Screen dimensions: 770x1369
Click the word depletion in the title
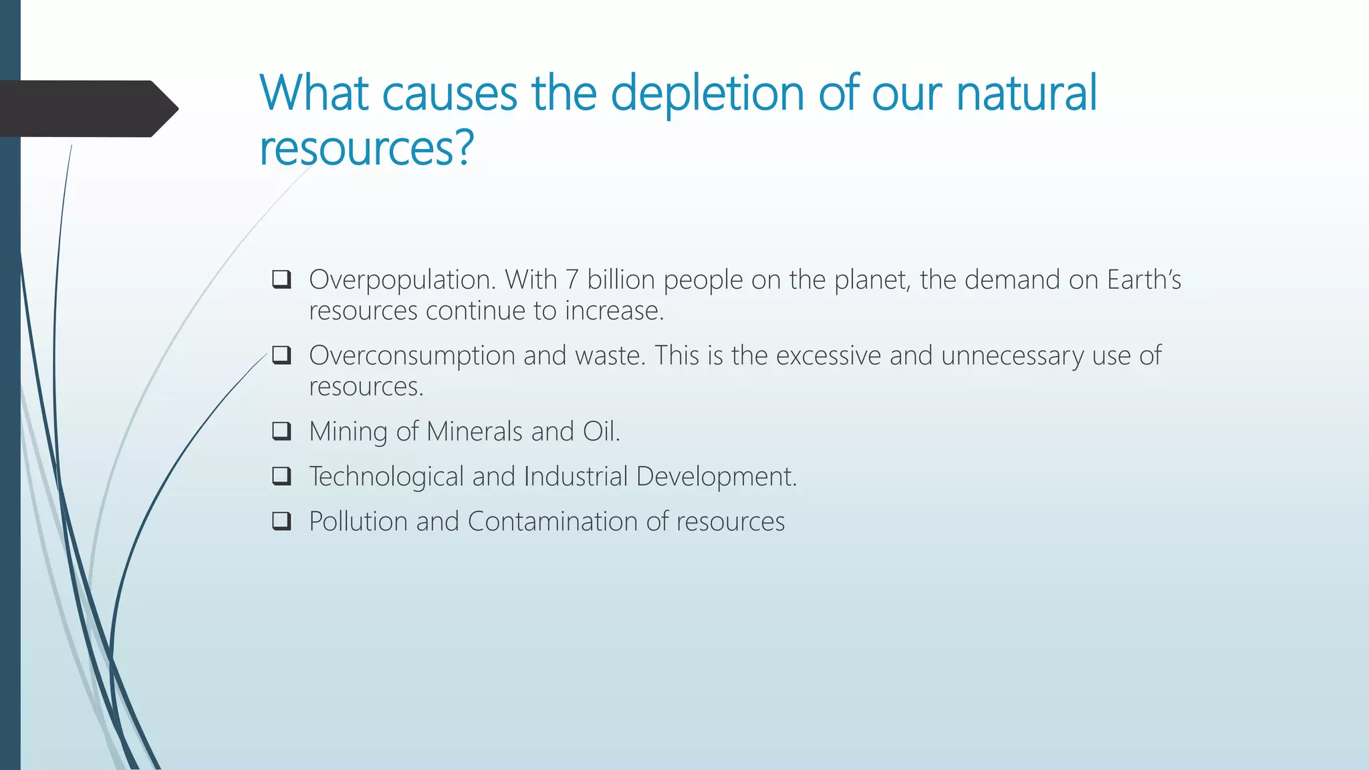click(707, 94)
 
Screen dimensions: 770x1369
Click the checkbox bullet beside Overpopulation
click(281, 279)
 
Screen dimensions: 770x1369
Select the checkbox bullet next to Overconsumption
click(281, 355)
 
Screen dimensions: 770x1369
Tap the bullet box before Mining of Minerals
click(281, 431)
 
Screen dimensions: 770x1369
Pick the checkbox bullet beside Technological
click(281, 476)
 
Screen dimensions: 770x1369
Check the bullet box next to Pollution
click(281, 521)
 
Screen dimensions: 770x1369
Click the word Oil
click(601, 432)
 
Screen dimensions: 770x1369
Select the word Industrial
click(576, 477)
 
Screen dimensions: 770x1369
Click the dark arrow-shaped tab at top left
click(87, 109)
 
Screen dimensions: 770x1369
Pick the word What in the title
click(314, 94)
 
